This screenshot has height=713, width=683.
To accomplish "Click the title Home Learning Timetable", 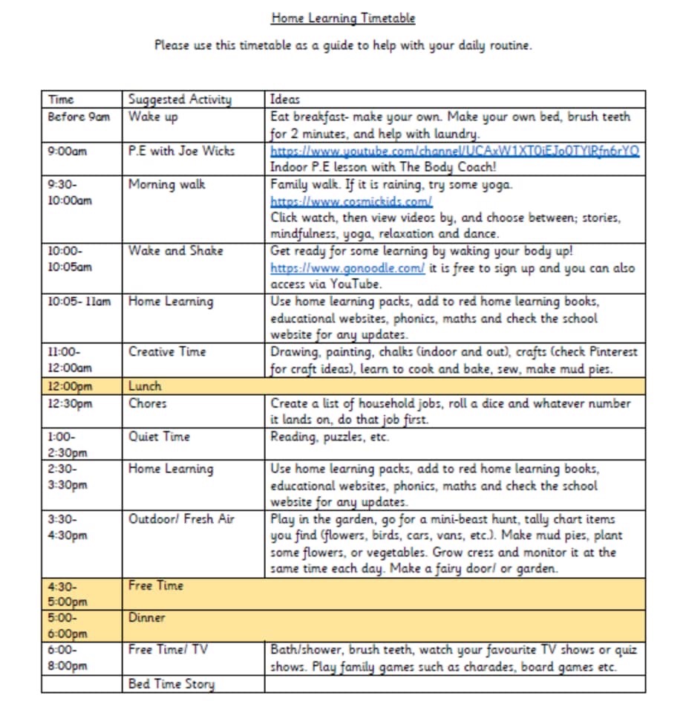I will tap(342, 19).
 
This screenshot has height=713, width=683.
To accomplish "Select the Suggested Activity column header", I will tap(180, 100).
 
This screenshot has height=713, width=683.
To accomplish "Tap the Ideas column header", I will tap(285, 100).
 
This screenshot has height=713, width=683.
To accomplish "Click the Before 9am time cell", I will tap(78, 117).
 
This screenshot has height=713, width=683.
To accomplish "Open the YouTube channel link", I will tap(454, 151).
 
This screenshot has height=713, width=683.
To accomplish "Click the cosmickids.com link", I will tap(350, 201).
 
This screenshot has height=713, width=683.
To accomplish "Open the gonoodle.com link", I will tap(347, 268).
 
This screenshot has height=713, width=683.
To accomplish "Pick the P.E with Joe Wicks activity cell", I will tap(181, 151).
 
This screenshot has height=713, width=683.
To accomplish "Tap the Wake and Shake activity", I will tap(175, 251).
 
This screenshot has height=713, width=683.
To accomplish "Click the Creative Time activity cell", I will tap(167, 351).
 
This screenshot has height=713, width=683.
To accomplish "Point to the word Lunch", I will tap(145, 386).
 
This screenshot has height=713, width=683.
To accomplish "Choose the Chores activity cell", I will tap(148, 403).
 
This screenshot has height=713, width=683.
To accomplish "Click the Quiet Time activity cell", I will tap(159, 437).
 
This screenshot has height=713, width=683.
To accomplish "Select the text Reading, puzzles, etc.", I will tap(329, 437).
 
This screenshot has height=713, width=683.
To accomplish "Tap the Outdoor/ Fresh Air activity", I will tap(181, 519).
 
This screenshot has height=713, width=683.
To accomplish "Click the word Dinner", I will tap(147, 618).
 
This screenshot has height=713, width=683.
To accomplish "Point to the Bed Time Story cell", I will tap(171, 684).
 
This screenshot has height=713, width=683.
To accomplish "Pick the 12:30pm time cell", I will tap(70, 403).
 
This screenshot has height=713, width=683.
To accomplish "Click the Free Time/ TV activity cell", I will tap(168, 650).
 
